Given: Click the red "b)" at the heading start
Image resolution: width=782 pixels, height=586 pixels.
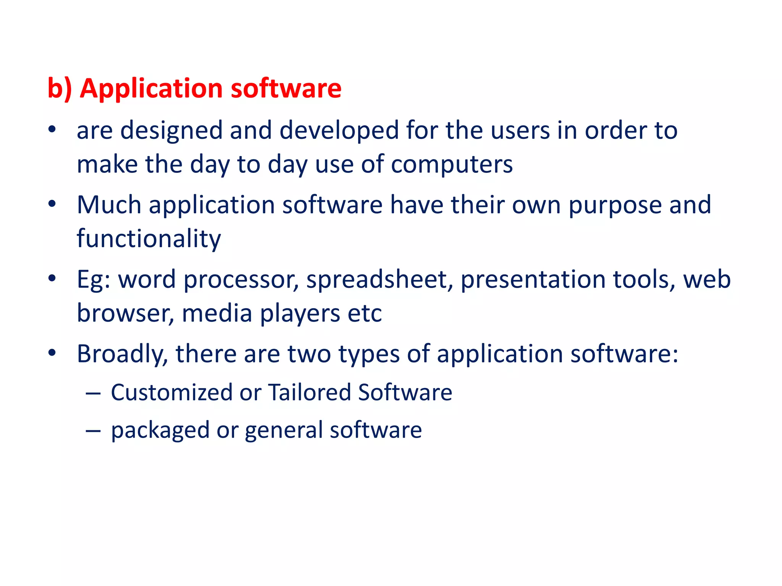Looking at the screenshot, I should [x=59, y=89].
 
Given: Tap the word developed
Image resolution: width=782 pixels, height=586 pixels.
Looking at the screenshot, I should [x=339, y=130].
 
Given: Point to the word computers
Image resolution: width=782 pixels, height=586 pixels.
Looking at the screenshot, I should [x=452, y=165].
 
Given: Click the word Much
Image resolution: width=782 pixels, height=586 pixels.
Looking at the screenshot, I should [x=109, y=205].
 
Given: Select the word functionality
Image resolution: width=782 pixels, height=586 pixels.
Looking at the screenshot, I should [x=149, y=239].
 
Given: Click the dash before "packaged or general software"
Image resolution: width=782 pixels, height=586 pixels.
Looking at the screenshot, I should [x=93, y=430].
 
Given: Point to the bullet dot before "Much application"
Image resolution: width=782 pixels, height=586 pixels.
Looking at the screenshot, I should [x=52, y=204].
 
